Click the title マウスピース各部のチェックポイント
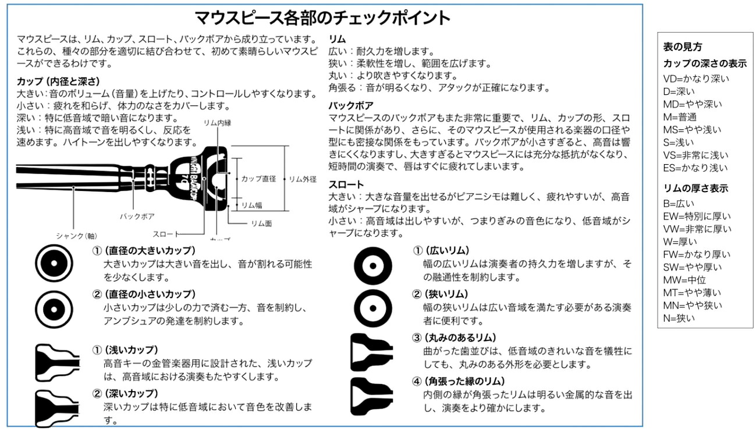click(322, 18)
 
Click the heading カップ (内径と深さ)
click(58, 81)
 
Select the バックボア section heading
click(350, 106)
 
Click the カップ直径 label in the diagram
click(258, 179)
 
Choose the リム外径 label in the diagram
click(303, 179)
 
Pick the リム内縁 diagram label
click(218, 123)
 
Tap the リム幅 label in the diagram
click(252, 205)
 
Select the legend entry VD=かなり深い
click(695, 79)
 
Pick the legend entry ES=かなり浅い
click(695, 168)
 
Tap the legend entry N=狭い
click(679, 318)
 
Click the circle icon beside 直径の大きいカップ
click(53, 262)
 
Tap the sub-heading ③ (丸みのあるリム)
click(454, 338)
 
